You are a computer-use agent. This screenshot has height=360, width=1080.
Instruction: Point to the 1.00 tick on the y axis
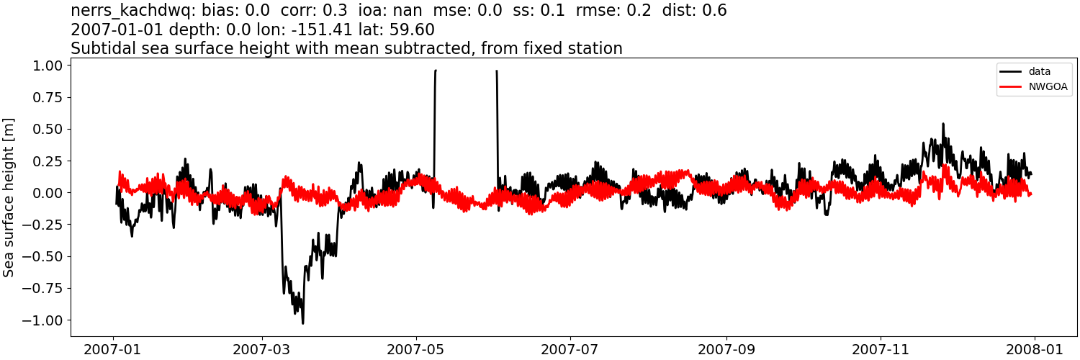(x=47, y=66)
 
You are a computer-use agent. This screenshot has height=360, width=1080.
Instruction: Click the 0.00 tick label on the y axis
(x=47, y=193)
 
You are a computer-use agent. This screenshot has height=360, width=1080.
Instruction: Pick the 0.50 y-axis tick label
(x=47, y=130)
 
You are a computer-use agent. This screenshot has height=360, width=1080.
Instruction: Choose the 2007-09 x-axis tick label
(x=726, y=349)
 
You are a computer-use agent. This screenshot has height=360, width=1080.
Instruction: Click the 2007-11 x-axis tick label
(x=881, y=349)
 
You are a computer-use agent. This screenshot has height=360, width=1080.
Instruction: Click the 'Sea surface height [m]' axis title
(x=9, y=197)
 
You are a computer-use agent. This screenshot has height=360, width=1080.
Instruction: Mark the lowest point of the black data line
(x=302, y=323)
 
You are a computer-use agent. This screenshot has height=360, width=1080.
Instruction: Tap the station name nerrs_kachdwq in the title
(x=127, y=11)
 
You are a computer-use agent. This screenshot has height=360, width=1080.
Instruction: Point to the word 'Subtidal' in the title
(x=100, y=49)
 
